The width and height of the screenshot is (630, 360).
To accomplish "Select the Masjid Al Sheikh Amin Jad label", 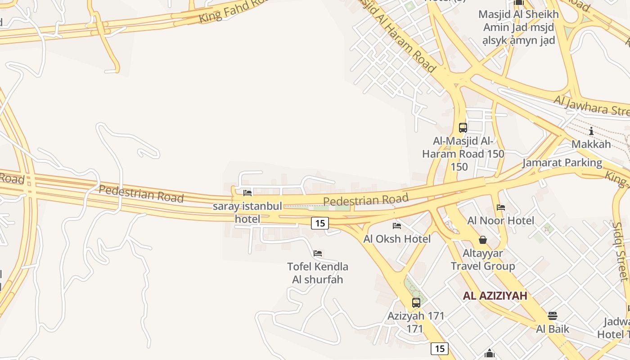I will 518,27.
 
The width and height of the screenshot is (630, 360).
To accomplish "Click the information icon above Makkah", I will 591,131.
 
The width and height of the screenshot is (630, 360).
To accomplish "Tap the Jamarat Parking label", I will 562,162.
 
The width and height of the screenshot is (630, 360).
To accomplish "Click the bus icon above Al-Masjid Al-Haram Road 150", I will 463,127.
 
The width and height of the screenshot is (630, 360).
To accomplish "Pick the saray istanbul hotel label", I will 247,212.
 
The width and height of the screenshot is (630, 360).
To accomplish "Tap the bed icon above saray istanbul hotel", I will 247,193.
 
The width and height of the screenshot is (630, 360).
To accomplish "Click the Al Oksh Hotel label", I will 397,238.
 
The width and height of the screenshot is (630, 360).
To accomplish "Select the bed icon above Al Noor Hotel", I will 500,207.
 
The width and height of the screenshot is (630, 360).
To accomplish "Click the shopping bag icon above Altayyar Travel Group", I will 483,240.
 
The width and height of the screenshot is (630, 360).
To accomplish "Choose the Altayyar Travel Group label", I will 483,260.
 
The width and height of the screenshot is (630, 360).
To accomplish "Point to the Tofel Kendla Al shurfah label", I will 318,273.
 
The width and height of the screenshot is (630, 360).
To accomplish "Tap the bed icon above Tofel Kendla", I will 318,253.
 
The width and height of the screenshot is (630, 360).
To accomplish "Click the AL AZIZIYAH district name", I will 495,296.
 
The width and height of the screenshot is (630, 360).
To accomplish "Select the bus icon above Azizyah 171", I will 416,302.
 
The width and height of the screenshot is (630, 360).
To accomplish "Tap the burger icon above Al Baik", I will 553,316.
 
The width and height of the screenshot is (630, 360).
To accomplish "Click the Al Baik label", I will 553,329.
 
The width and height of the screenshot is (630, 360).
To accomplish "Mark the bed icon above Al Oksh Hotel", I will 397,225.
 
